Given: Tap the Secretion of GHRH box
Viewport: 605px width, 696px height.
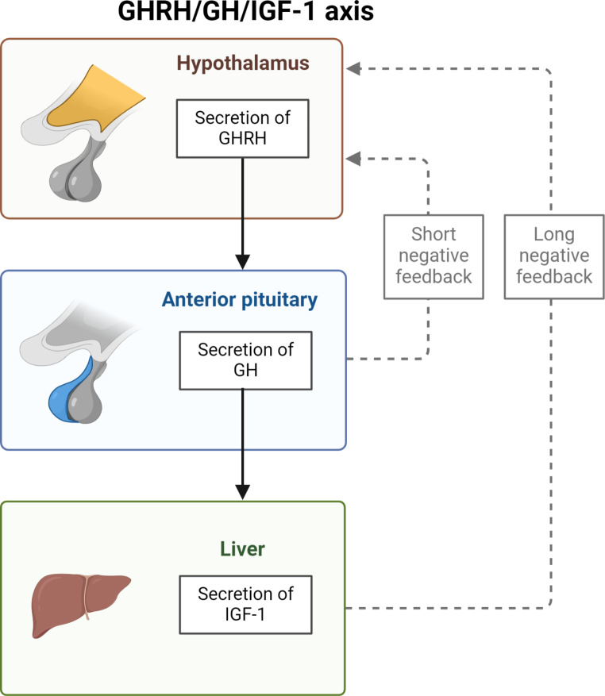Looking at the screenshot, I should point(242,128).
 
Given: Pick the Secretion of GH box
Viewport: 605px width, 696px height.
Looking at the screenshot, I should point(245,361).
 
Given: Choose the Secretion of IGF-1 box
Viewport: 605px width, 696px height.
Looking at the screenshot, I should point(245,605).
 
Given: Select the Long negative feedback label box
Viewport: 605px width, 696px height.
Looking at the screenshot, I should point(553,256).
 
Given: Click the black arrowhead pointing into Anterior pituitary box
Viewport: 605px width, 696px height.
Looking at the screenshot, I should point(243,261).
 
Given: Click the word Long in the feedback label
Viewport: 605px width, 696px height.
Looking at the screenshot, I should point(553,235).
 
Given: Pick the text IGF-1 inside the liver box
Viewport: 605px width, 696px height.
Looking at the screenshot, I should point(245,615).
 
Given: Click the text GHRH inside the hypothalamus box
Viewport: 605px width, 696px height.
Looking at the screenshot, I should point(242,138).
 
